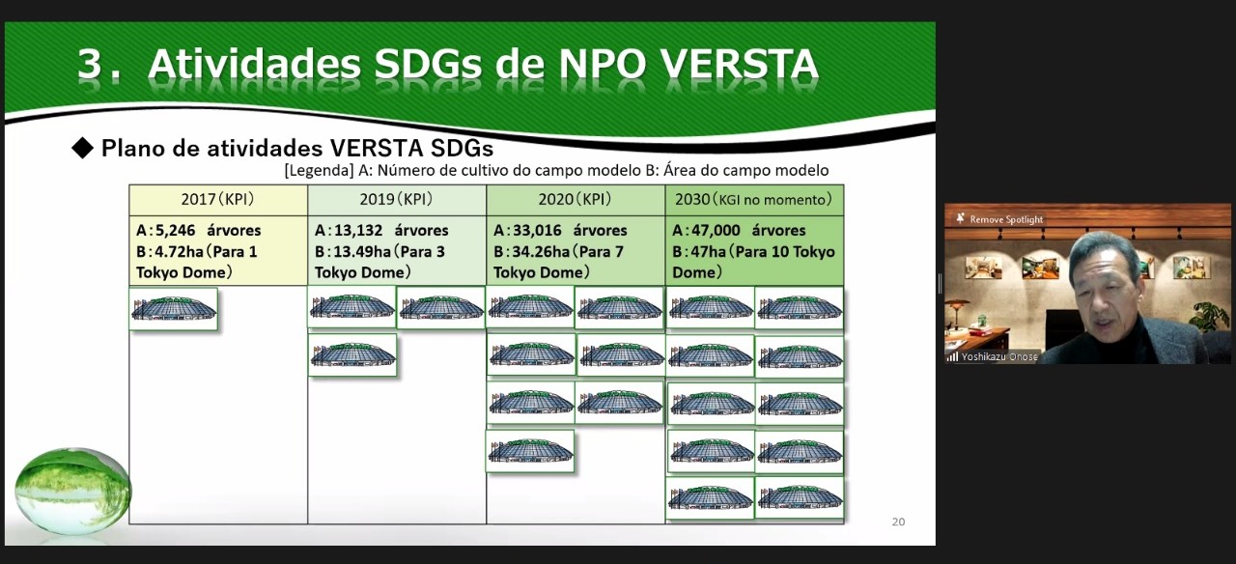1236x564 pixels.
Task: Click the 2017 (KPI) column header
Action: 218,200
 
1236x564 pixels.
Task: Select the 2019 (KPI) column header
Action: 397,200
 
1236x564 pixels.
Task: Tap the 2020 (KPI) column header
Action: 576,200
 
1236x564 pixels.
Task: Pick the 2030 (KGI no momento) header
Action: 754,200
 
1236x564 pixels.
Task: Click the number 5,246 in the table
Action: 175,230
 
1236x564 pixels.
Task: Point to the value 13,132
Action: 357,230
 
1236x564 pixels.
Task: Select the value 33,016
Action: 537,230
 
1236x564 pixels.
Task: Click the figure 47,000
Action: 716,230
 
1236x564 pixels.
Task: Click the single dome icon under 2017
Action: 173,309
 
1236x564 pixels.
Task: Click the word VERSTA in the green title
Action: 740,65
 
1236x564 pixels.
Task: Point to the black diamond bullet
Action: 83,148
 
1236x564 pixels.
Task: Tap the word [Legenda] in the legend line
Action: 319,171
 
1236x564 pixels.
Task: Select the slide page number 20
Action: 898,522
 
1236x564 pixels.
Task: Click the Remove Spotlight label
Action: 1006,219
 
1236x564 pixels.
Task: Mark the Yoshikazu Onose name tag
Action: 999,357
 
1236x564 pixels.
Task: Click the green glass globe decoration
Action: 72,491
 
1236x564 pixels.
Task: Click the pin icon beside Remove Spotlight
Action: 961,218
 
